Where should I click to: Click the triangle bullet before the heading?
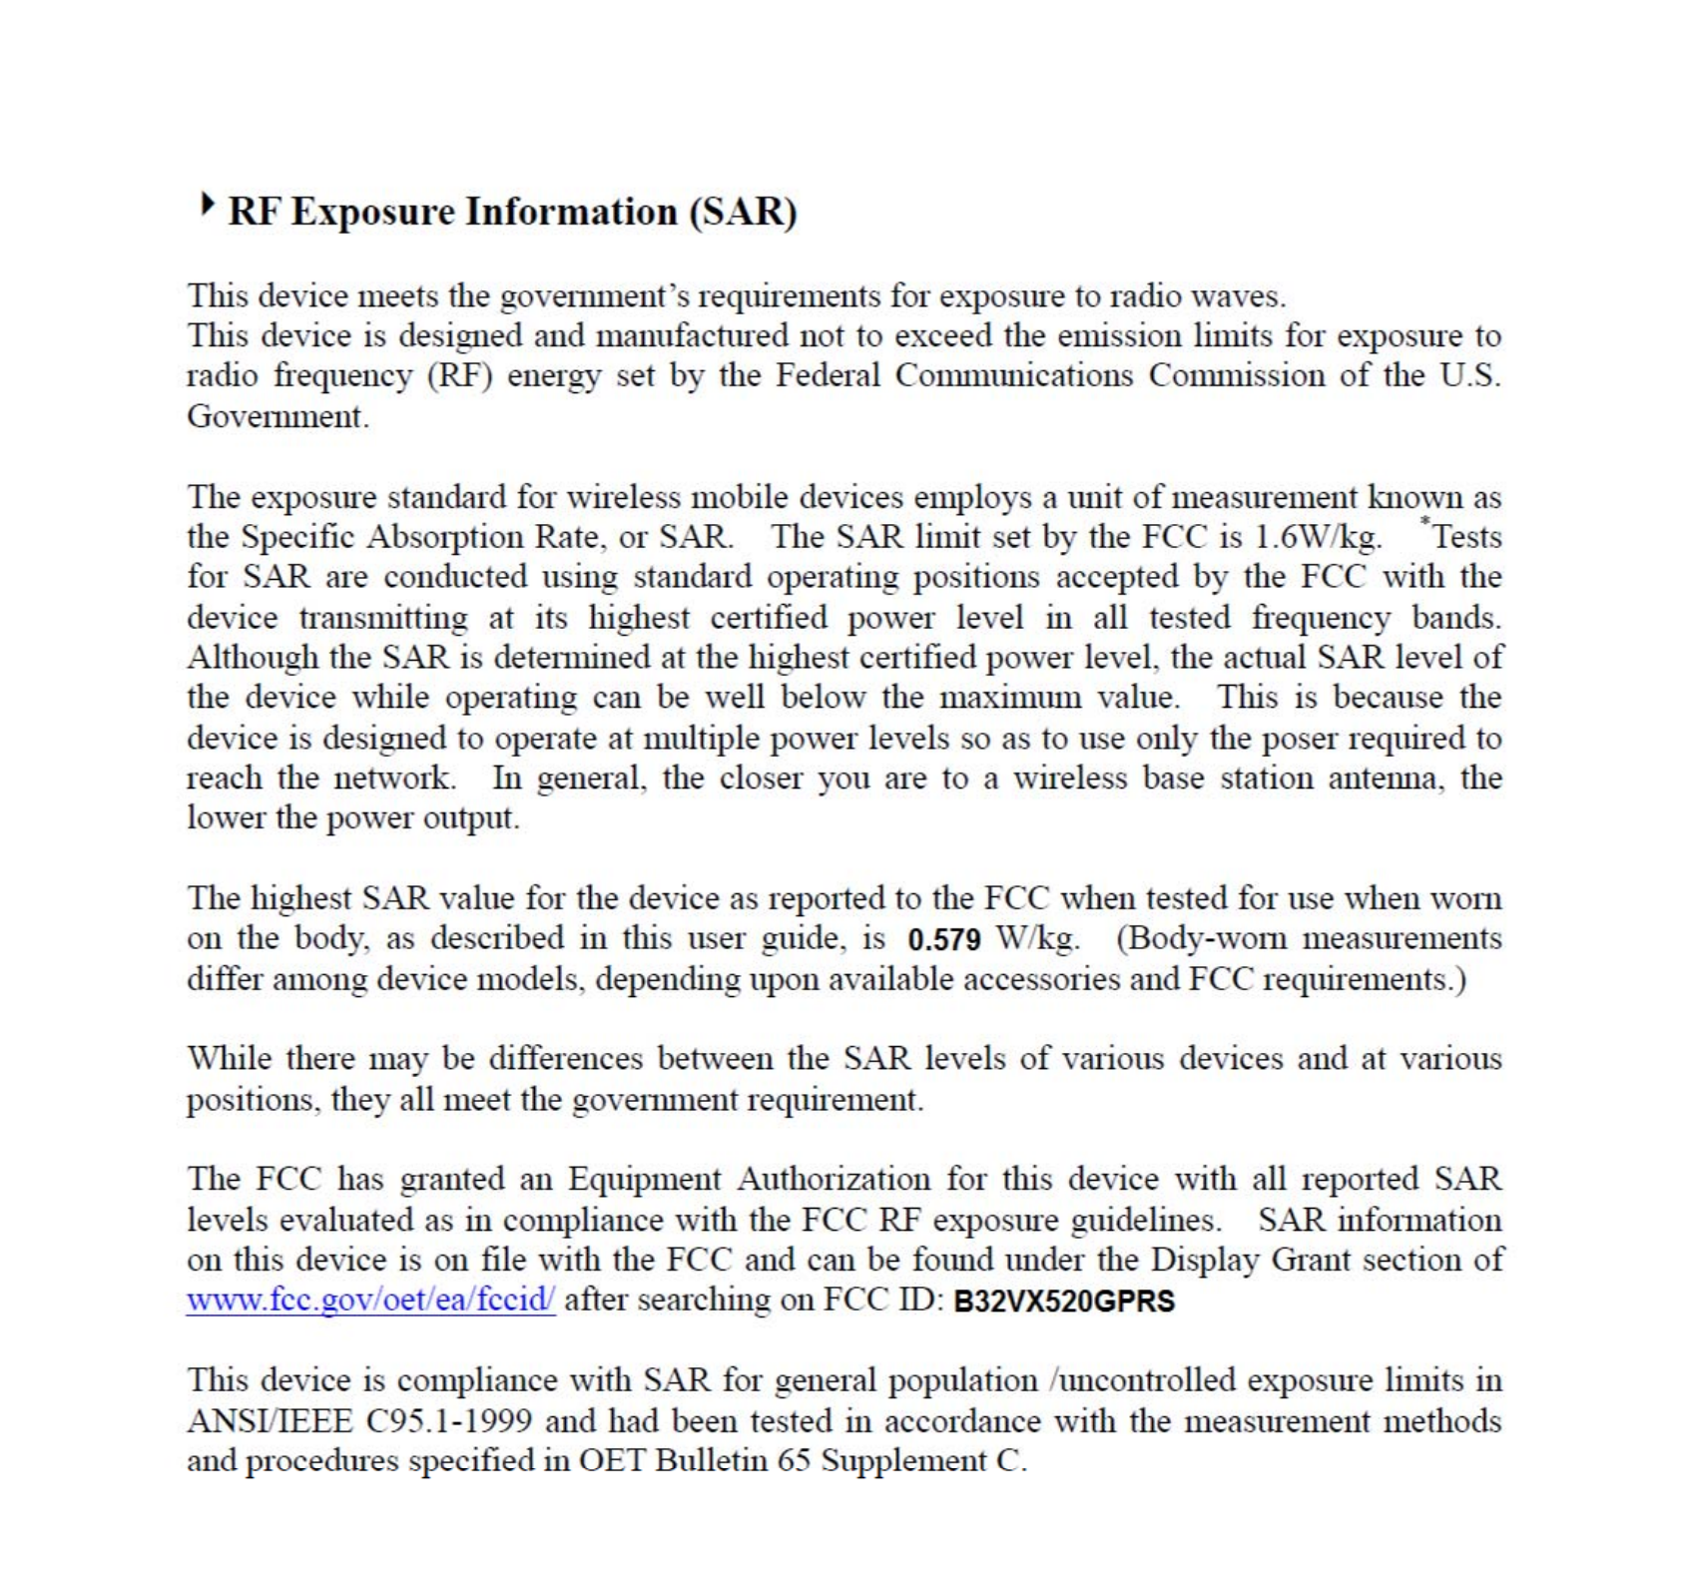coord(208,206)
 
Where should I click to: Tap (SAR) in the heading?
coord(744,213)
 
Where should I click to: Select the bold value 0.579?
coord(944,940)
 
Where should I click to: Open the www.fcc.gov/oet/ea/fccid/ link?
coord(370,1301)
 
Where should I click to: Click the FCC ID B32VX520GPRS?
coord(1064,1303)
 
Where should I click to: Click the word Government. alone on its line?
coord(278,417)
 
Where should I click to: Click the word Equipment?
coord(644,1180)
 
